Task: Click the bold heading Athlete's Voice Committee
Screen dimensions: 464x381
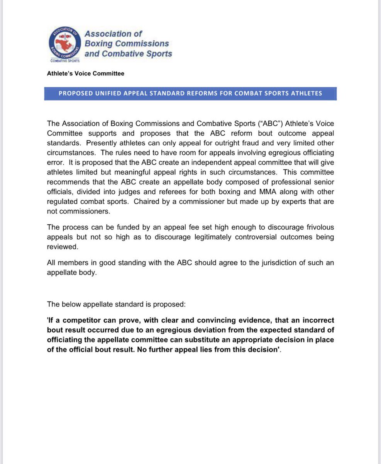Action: point(86,73)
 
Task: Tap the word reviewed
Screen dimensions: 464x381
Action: point(61,247)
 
